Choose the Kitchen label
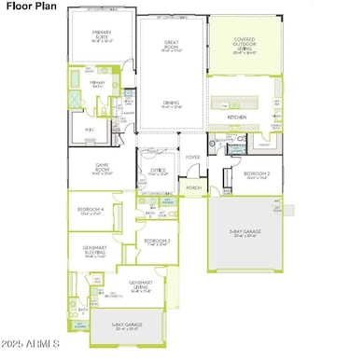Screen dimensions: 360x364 point(238,118)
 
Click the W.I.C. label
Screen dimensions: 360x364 point(90,129)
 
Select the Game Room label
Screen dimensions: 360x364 point(103,169)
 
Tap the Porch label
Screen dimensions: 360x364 point(193,187)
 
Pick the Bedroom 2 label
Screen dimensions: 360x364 point(251,174)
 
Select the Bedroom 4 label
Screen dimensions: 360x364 point(91,212)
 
